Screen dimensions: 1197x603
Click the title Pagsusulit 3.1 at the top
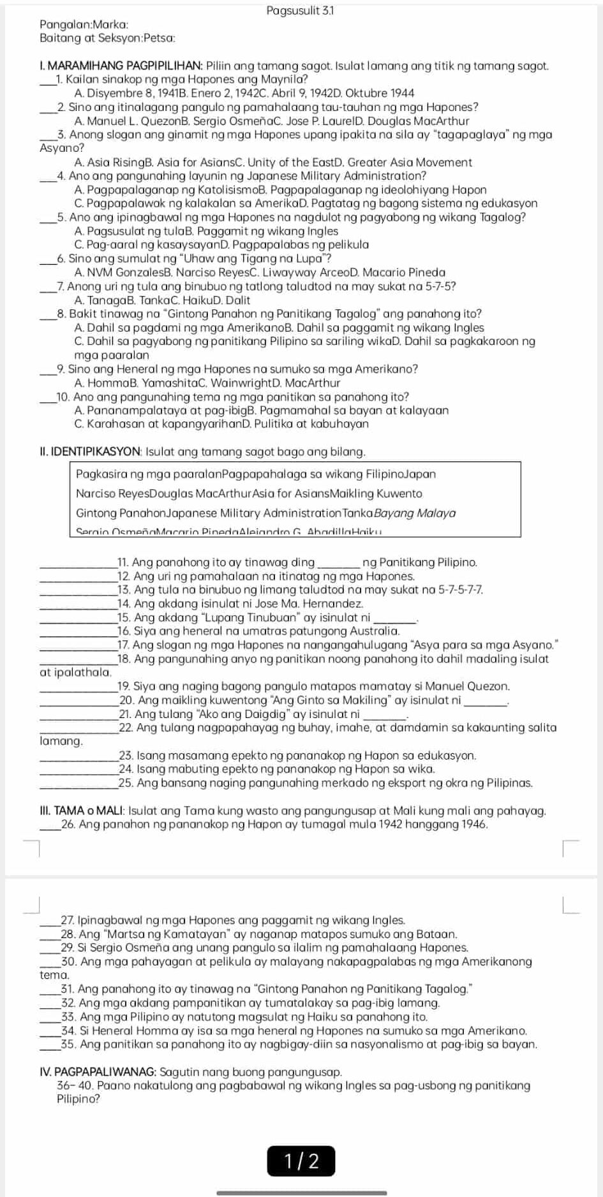(301, 11)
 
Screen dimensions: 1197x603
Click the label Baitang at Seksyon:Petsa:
(107, 38)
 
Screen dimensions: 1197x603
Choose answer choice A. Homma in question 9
(98, 383)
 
